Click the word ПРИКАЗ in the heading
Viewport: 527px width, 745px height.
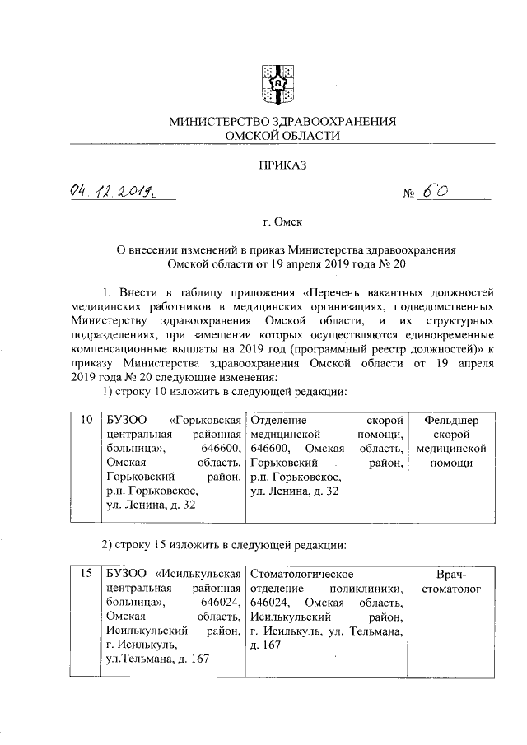(282, 165)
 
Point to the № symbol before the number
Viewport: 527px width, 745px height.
(408, 195)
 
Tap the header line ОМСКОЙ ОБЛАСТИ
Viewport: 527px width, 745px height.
(282, 135)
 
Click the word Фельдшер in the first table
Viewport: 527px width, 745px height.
(450, 421)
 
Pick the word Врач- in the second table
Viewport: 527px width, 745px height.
(450, 574)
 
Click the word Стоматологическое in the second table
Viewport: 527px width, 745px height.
(302, 574)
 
